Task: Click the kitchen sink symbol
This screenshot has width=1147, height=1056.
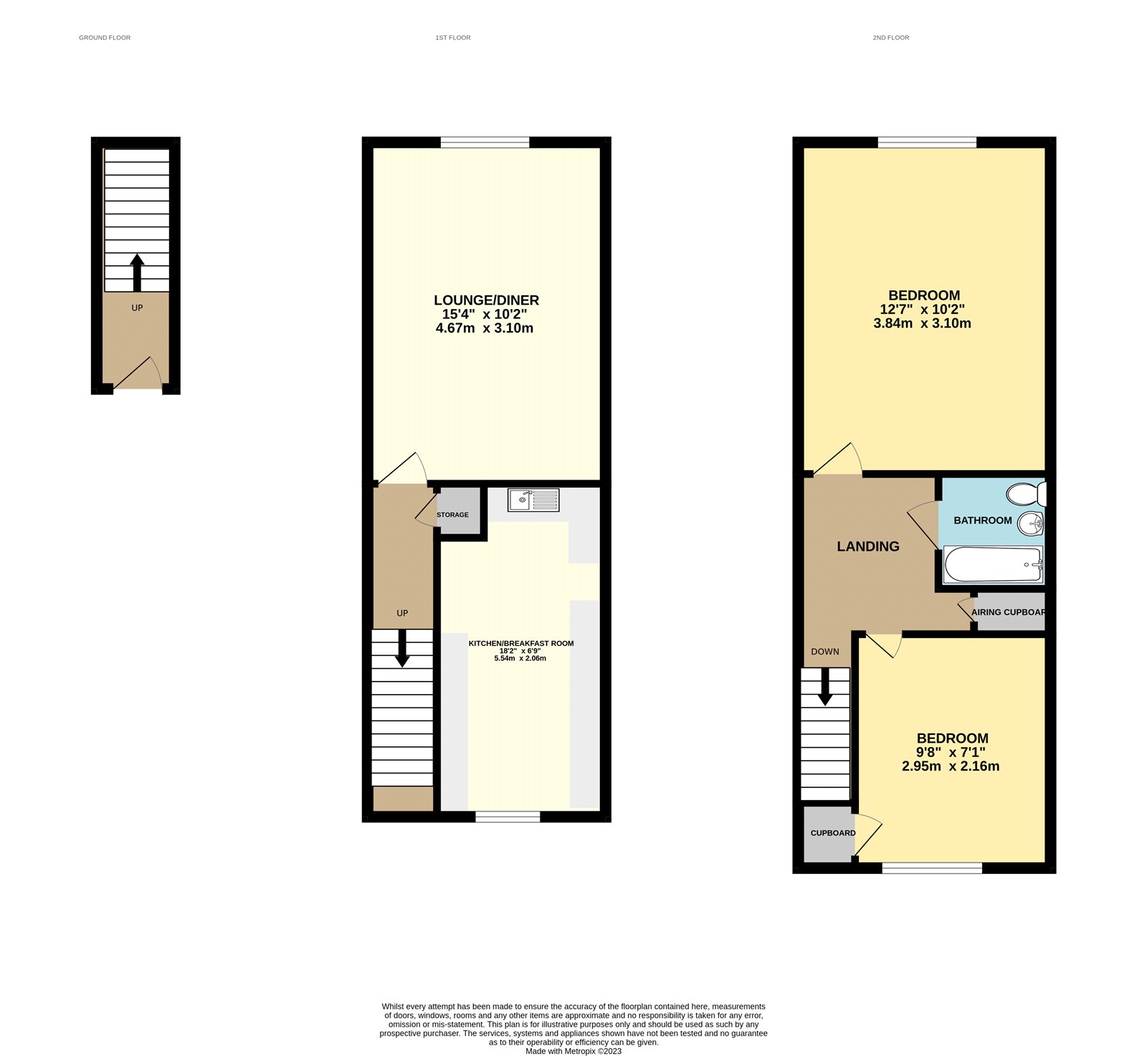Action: coord(533,500)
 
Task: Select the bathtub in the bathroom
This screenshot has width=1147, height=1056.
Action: coord(993,565)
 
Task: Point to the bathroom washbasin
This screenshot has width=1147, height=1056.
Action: coord(1031,524)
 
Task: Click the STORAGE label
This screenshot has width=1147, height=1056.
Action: coord(452,515)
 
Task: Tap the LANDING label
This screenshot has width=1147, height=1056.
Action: coord(867,546)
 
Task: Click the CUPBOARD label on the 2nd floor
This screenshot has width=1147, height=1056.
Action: coord(832,833)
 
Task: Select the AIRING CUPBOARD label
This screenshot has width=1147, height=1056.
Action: coord(1008,612)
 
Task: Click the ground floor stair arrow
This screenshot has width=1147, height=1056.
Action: coord(137,272)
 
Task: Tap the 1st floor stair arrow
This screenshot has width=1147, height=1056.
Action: coord(402,647)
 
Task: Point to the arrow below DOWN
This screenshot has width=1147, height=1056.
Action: coord(825,687)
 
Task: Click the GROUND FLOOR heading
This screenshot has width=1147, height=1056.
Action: coord(105,37)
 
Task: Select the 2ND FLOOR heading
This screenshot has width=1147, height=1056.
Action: coord(890,37)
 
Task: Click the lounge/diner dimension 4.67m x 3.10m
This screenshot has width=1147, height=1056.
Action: coord(485,328)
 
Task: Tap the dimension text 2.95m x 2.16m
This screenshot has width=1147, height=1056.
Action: coord(951,766)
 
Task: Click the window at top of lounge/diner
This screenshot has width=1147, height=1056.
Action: coord(485,142)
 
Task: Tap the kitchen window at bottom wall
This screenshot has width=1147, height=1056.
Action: coord(508,817)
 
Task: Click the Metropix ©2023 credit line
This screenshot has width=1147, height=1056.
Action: coord(573,1052)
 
